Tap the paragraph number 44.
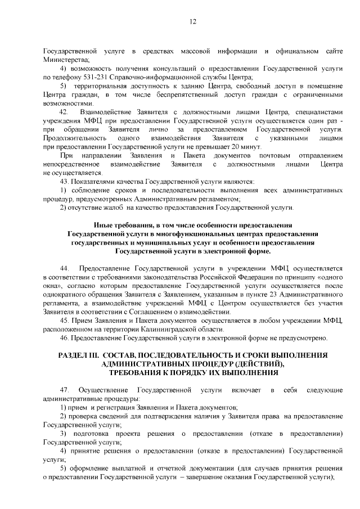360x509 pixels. [64, 268]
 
